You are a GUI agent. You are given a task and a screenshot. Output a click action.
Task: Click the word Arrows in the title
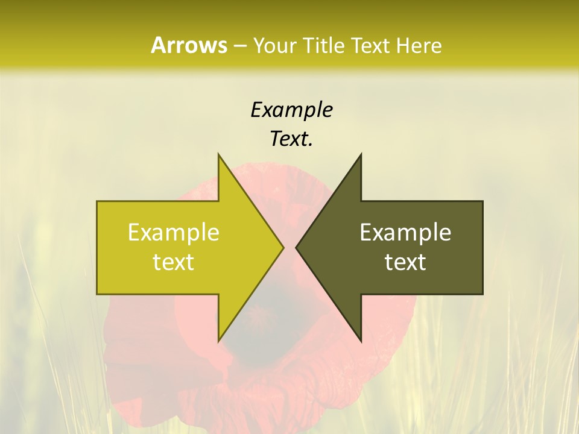[189, 45]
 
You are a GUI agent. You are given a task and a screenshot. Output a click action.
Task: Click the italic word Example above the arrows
[291, 110]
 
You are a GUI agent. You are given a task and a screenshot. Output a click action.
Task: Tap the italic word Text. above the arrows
[291, 139]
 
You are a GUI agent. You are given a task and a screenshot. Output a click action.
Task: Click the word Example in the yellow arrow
[174, 233]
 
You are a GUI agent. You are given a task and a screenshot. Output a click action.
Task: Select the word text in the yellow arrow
[174, 262]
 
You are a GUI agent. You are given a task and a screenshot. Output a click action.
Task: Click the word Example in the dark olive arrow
[405, 233]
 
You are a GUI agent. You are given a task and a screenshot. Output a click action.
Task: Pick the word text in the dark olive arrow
[405, 262]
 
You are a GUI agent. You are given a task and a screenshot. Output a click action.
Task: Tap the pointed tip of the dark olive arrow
[297, 247]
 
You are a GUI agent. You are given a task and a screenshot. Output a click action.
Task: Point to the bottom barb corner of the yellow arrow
[219, 340]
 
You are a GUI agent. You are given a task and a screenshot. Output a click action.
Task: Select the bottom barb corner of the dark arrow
[361, 340]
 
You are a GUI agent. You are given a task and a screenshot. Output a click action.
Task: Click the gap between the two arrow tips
[289, 247]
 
